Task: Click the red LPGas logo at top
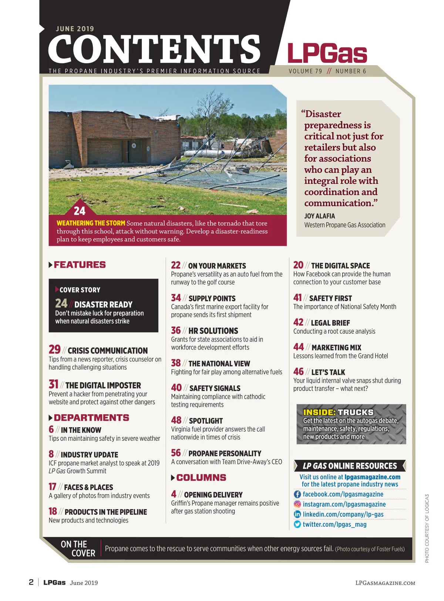point(327,53)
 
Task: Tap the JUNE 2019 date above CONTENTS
point(75,29)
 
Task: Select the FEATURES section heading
point(80,265)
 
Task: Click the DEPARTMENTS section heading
point(91,418)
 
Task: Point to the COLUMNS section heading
point(201,477)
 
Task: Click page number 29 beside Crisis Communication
point(54,350)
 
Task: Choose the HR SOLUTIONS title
point(213,331)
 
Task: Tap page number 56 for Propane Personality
point(176,453)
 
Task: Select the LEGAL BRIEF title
point(330,323)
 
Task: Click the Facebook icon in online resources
point(297,494)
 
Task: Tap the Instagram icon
point(297,504)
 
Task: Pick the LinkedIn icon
point(297,514)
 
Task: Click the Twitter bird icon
point(297,524)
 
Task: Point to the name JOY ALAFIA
point(319,216)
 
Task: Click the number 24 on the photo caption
point(80,211)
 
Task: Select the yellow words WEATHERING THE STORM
point(91,223)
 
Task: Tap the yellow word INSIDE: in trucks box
point(319,412)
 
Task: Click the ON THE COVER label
point(78,549)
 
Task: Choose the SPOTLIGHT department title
point(206,421)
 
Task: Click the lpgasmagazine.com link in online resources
point(372,477)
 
